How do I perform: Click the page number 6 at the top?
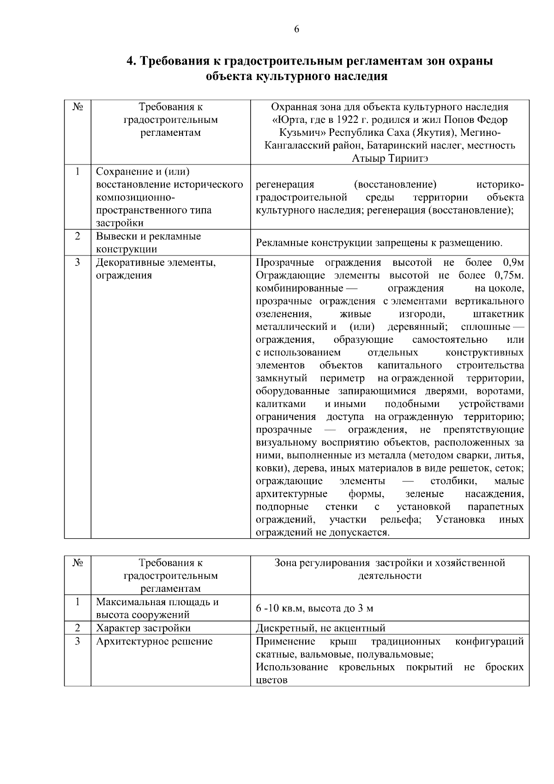(x=296, y=30)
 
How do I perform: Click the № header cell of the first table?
(x=78, y=107)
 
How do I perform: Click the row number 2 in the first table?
(x=78, y=237)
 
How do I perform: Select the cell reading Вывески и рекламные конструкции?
(x=148, y=243)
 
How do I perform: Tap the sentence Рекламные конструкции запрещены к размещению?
(x=379, y=243)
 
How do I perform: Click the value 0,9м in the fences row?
(x=513, y=263)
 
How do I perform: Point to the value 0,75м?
(x=509, y=276)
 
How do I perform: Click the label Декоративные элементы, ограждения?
(x=156, y=269)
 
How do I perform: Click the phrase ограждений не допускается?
(x=322, y=533)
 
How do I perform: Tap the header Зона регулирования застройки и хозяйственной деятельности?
(x=390, y=569)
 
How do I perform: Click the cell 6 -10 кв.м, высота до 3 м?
(x=314, y=608)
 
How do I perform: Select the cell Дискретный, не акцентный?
(x=320, y=628)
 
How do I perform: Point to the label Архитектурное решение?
(x=154, y=642)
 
